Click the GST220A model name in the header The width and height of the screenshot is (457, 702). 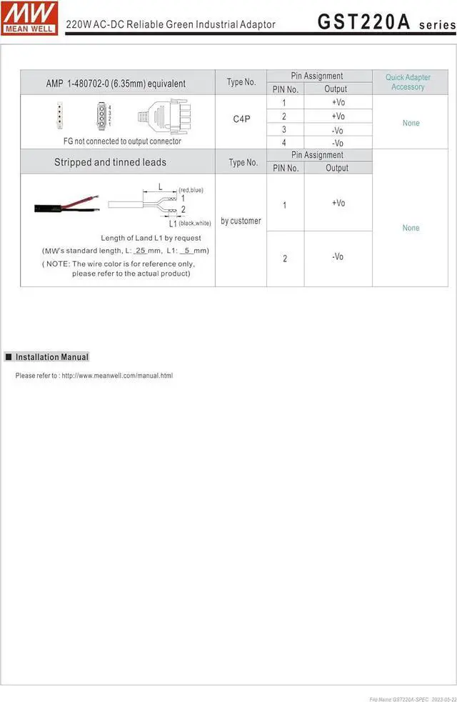(364, 22)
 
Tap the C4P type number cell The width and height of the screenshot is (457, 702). (241, 119)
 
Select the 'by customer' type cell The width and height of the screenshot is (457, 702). (241, 221)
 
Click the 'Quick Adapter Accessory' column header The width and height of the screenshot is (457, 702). (408, 82)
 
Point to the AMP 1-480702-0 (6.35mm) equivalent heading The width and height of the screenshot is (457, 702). (116, 84)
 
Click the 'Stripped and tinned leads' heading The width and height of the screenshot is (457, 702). (110, 162)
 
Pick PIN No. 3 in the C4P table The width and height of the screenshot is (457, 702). (284, 129)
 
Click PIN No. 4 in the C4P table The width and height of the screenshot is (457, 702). (284, 143)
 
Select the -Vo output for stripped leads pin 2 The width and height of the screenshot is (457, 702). (338, 256)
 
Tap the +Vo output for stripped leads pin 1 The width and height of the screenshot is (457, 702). (338, 204)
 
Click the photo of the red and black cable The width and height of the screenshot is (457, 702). (65, 208)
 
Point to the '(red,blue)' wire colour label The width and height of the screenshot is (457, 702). (191, 189)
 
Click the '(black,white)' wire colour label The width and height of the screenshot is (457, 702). (194, 224)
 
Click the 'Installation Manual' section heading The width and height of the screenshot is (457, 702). (52, 357)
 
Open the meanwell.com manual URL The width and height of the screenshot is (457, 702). (117, 376)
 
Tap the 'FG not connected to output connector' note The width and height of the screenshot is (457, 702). (118, 141)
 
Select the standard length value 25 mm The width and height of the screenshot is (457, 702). (141, 251)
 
